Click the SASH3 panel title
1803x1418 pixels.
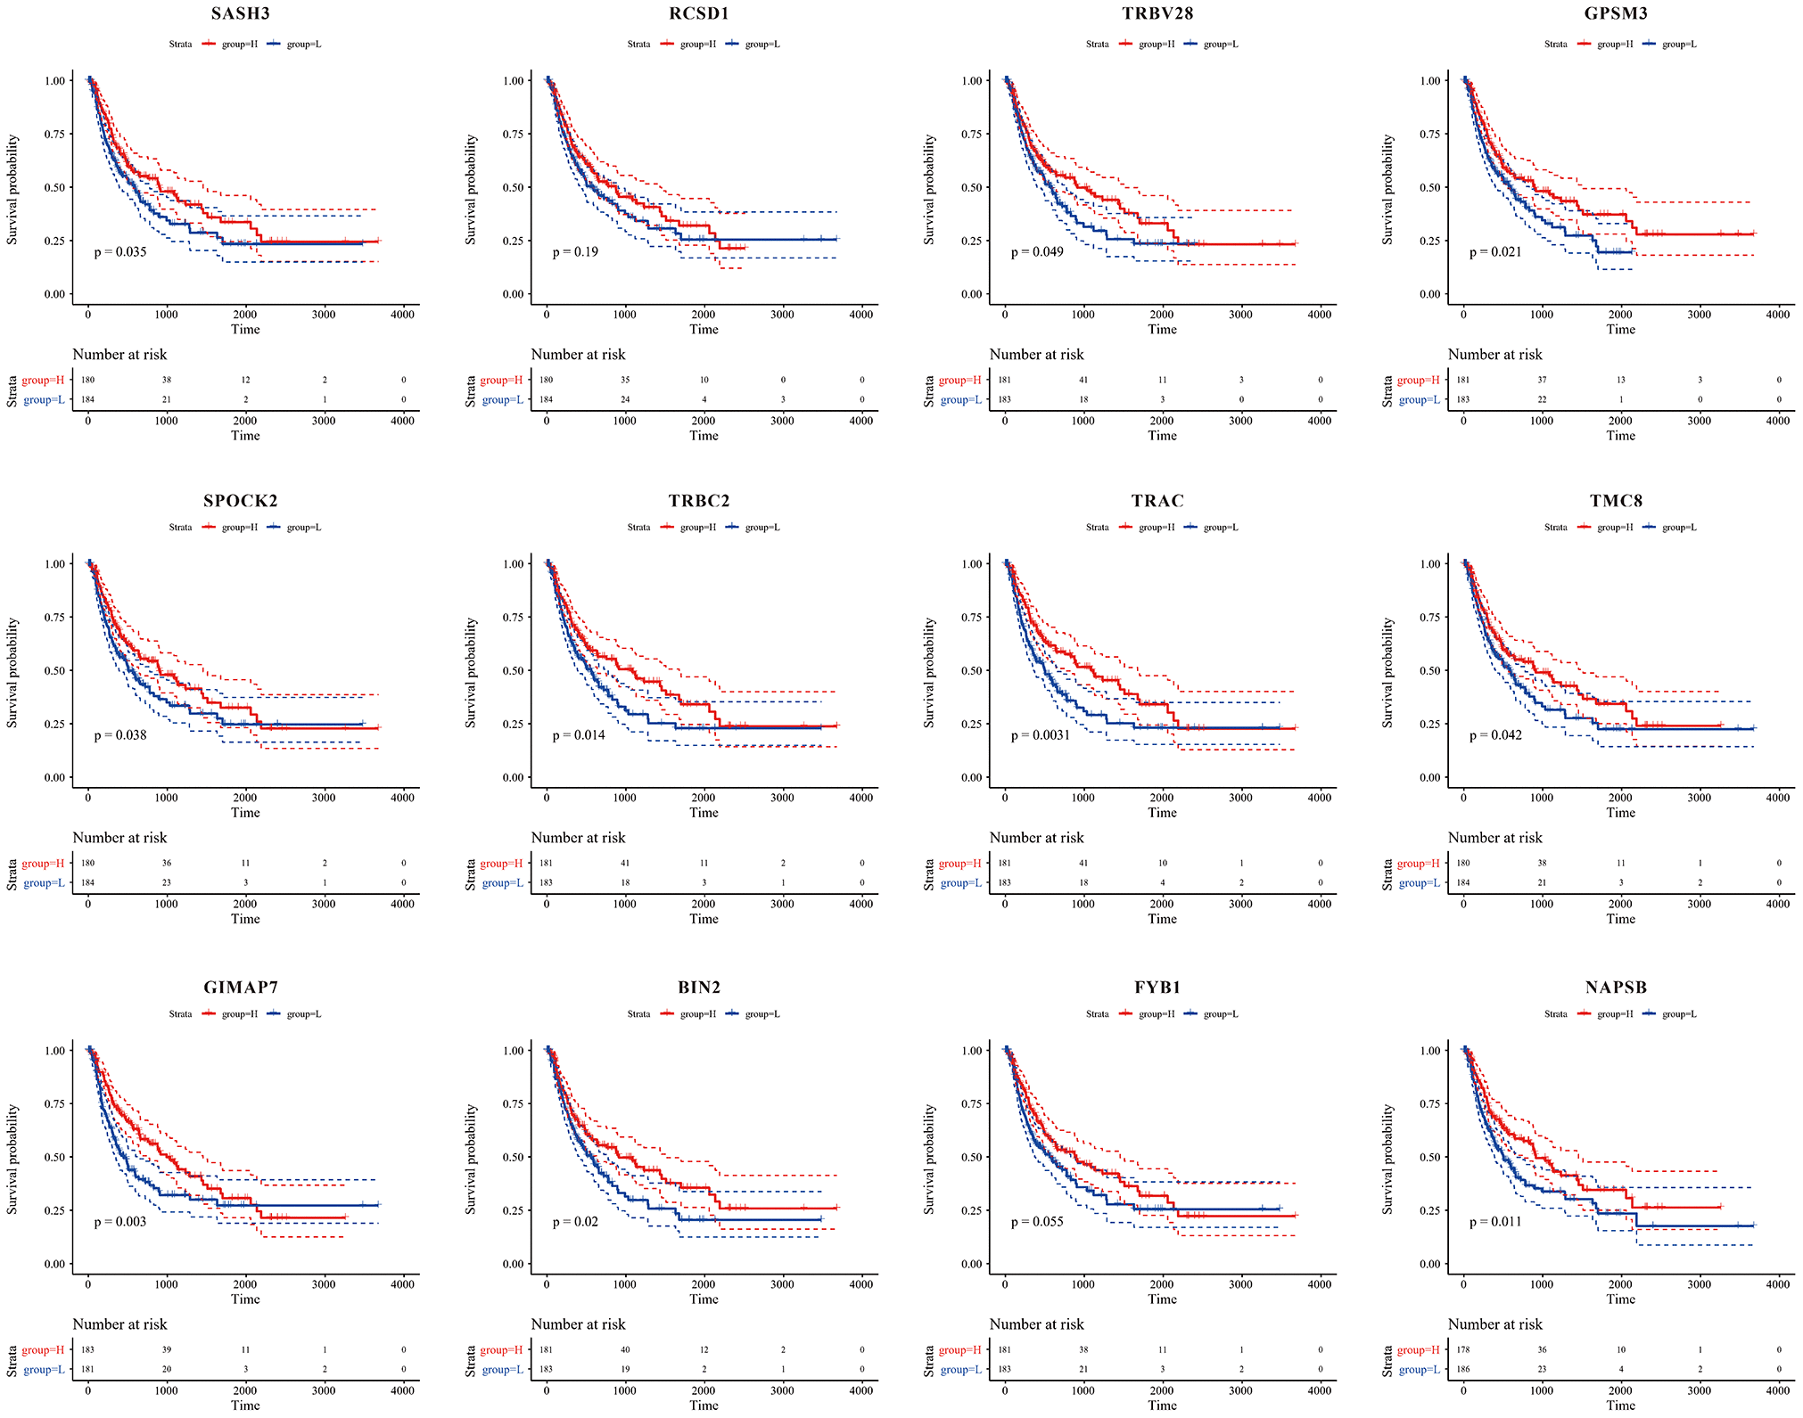tap(241, 13)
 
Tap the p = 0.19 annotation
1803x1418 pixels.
tap(575, 252)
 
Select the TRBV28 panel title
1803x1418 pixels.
tap(1157, 13)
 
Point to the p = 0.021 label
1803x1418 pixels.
tap(1495, 252)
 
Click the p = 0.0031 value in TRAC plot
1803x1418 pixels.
tap(1040, 735)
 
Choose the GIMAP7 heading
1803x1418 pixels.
tap(241, 988)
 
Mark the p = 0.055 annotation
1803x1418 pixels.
tap(1037, 1222)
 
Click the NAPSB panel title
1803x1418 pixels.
tap(1616, 988)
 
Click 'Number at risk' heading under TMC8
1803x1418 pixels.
tap(1494, 838)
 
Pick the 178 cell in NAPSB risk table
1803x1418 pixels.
tap(1463, 1350)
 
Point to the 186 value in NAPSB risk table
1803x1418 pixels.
tap(1463, 1370)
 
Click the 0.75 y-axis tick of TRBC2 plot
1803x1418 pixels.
tap(514, 618)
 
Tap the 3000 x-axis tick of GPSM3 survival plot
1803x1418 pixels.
tap(1699, 315)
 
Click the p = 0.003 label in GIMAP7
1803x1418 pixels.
tap(120, 1222)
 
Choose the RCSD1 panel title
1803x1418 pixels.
tap(699, 13)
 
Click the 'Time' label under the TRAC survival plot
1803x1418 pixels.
tap(1162, 813)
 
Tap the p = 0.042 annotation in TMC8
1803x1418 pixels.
tap(1495, 735)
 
